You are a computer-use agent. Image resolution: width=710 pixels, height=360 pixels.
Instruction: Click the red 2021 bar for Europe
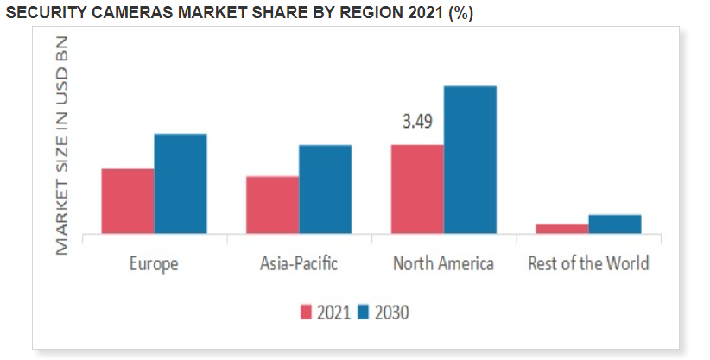pyautogui.click(x=128, y=201)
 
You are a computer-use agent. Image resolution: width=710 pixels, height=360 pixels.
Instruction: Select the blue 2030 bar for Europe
pyautogui.click(x=181, y=183)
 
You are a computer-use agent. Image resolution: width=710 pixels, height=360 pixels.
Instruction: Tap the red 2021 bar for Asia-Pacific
pyautogui.click(x=272, y=205)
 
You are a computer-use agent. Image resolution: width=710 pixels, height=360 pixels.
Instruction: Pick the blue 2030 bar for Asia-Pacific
pyautogui.click(x=325, y=189)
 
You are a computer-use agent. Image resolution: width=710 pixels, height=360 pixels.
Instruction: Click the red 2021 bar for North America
pyautogui.click(x=417, y=189)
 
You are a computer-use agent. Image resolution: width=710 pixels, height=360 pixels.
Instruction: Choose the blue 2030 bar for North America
pyautogui.click(x=470, y=160)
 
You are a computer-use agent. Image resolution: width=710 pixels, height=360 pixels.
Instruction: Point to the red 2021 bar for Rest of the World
pyautogui.click(x=561, y=229)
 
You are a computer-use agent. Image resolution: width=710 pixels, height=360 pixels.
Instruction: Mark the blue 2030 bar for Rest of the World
pyautogui.click(x=615, y=224)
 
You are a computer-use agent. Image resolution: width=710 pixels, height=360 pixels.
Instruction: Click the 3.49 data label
pyautogui.click(x=417, y=122)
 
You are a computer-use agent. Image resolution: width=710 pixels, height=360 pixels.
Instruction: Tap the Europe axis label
pyautogui.click(x=154, y=263)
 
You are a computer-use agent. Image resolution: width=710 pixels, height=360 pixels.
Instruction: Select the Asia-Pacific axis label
pyautogui.click(x=299, y=263)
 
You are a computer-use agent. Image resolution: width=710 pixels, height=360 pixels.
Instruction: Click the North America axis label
pyautogui.click(x=443, y=263)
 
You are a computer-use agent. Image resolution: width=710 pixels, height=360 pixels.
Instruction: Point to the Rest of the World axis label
pyautogui.click(x=588, y=263)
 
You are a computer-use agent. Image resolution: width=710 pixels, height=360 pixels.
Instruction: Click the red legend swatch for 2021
pyautogui.click(x=307, y=313)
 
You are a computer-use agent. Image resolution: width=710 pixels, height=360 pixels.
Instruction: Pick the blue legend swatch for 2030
pyautogui.click(x=364, y=313)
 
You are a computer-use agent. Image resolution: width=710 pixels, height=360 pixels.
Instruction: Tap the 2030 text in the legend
pyautogui.click(x=390, y=313)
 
